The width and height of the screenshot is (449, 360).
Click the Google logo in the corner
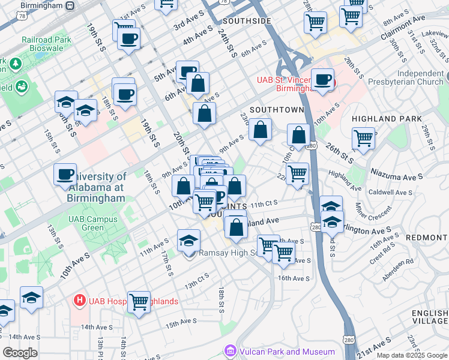20,353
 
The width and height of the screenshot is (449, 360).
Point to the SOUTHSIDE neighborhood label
247,21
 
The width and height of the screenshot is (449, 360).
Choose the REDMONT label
427,238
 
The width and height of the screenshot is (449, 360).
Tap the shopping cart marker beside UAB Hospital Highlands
139,301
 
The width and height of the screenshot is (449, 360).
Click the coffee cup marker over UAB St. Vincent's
323,80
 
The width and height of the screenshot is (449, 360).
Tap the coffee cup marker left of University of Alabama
65,175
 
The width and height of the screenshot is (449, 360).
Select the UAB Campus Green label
92,223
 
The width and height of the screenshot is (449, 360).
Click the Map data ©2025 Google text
411,355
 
